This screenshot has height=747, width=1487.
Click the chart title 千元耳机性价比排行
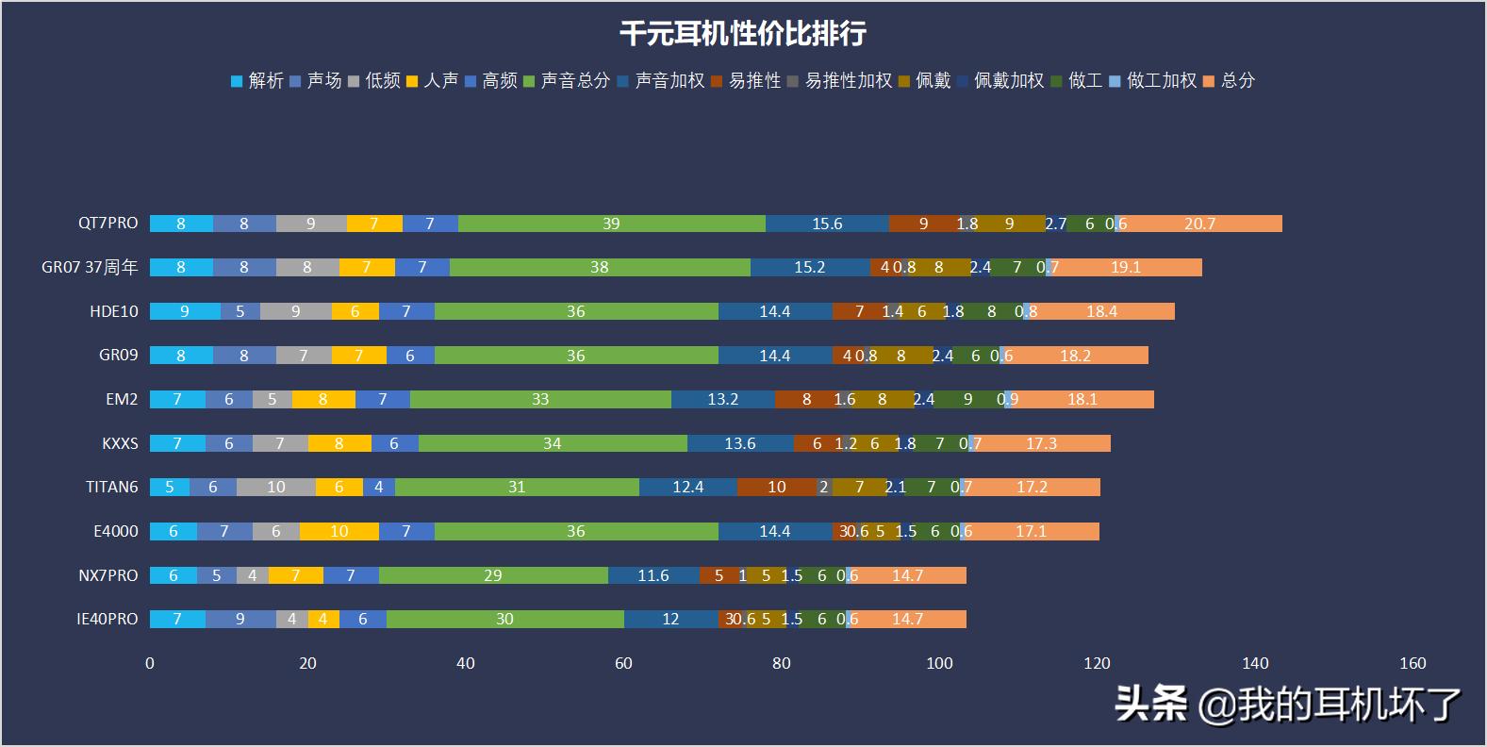coord(742,34)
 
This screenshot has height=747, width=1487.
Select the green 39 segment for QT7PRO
coord(611,224)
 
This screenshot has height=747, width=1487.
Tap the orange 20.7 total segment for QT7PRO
coord(1199,224)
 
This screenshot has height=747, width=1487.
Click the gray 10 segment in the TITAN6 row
coord(275,487)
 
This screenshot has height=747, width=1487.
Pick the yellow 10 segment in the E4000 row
coord(339,531)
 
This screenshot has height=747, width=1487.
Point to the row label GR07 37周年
coord(90,267)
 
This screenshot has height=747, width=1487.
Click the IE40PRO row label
coord(107,619)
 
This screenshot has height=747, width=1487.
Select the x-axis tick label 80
coord(781,663)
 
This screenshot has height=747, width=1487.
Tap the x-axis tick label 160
coord(1413,663)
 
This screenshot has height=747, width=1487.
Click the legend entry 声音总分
coord(574,81)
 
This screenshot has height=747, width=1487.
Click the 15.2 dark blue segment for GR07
coord(809,267)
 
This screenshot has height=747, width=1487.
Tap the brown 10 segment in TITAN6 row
coord(776,487)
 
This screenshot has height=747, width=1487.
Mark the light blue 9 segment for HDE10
coord(185,311)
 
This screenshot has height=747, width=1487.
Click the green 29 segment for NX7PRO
coord(492,575)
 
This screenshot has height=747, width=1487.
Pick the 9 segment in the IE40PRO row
coord(240,619)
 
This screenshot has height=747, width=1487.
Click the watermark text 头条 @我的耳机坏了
coord(1288,704)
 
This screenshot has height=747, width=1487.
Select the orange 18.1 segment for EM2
coord(1082,399)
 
